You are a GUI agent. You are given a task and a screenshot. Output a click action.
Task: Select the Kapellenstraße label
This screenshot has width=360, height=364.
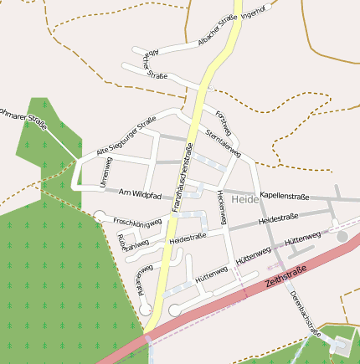[285, 197]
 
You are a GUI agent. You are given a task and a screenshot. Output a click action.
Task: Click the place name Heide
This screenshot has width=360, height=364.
[245, 200]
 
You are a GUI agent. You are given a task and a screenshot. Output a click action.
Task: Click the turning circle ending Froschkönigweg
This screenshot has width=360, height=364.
[100, 216]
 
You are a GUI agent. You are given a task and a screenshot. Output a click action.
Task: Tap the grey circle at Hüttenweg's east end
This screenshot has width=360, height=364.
[342, 238]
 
